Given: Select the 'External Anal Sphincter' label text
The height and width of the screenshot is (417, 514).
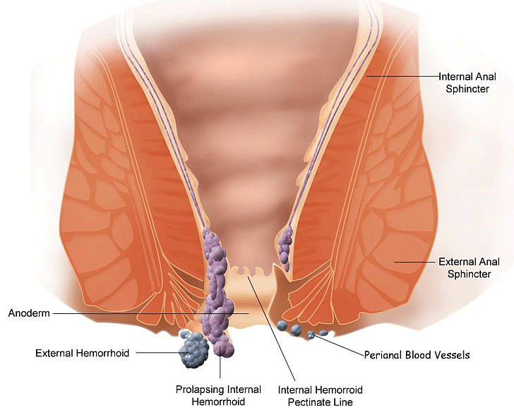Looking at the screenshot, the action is [x=469, y=267].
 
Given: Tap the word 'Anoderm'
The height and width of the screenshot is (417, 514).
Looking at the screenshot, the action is [x=29, y=313].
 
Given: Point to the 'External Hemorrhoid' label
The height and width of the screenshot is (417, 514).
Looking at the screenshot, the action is [x=83, y=353].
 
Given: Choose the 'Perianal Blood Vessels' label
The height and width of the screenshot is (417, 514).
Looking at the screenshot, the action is [x=417, y=355].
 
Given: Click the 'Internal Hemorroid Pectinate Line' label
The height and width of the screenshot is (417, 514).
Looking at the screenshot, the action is [x=315, y=396].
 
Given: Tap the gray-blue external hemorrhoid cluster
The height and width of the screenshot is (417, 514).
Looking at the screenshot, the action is [x=192, y=351].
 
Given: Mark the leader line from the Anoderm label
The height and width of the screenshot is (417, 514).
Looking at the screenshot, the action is [x=141, y=313].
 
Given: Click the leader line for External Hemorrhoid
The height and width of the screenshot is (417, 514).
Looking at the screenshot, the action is [x=159, y=352].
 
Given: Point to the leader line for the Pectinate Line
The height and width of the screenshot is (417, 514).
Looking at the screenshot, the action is [x=275, y=332].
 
